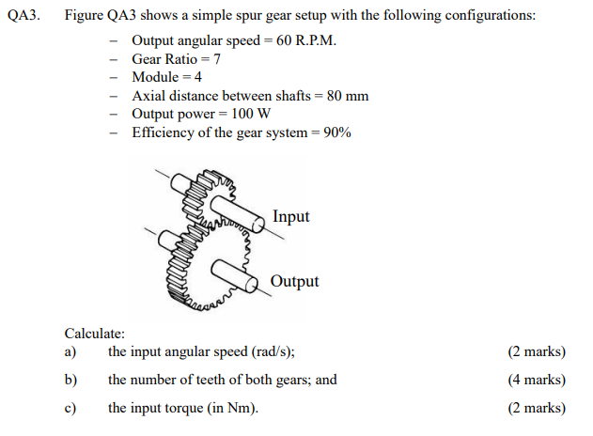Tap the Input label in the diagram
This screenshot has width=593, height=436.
[290, 216]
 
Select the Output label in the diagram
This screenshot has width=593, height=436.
[294, 281]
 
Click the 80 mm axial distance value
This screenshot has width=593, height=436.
[347, 96]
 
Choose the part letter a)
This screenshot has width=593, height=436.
[70, 352]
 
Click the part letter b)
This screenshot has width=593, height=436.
[70, 380]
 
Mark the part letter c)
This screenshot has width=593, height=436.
[70, 408]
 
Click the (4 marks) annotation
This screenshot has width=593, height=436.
[537, 380]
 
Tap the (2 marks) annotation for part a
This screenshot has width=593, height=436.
[537, 352]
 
